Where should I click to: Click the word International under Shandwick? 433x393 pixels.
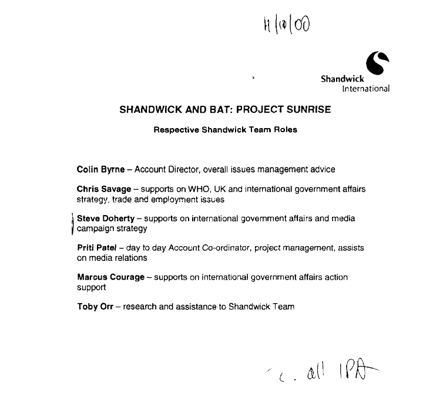click(x=365, y=89)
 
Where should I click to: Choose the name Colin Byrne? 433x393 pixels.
click(x=100, y=169)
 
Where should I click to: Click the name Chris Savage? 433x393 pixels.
click(x=103, y=189)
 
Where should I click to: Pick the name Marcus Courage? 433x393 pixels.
click(x=110, y=277)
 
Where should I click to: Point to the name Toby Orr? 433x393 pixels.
click(x=95, y=306)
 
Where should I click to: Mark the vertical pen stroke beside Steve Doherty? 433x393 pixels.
click(x=72, y=224)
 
